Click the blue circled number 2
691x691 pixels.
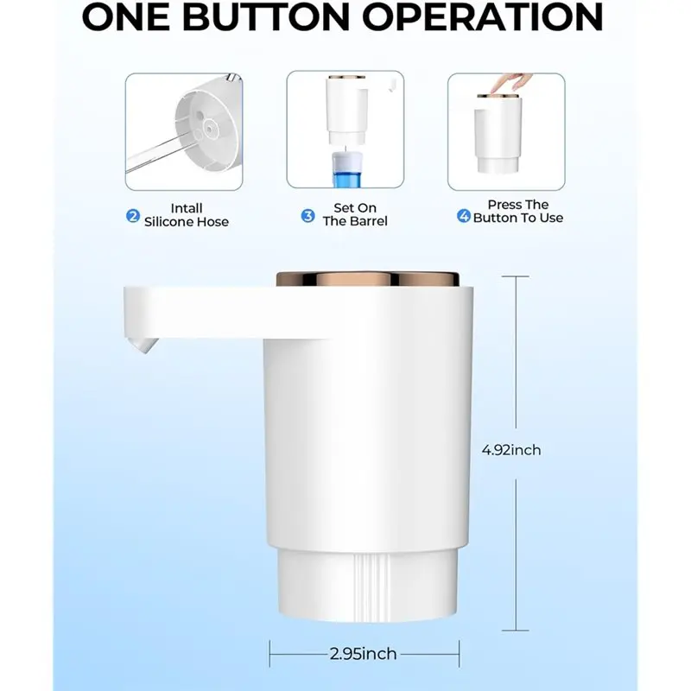(x=133, y=216)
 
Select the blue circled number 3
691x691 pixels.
(x=307, y=216)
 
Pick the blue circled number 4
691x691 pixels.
(x=463, y=217)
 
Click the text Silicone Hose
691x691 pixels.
(x=187, y=222)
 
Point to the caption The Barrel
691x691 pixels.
(x=355, y=221)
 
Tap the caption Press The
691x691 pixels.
(x=517, y=205)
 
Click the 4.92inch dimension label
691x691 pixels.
(x=511, y=450)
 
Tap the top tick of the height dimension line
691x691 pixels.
(x=516, y=276)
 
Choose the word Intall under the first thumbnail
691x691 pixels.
(x=187, y=208)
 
